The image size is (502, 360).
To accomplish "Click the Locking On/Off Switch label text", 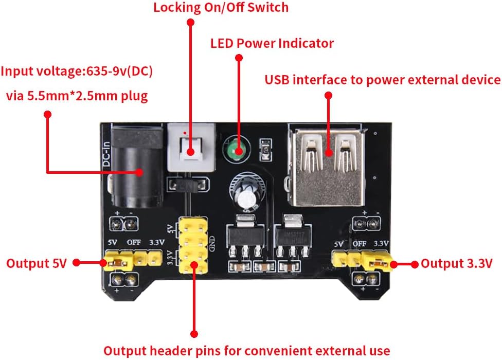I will click(221, 8).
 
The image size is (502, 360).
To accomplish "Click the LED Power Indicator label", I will click(272, 43).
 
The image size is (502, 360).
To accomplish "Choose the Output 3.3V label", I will click(457, 263).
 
